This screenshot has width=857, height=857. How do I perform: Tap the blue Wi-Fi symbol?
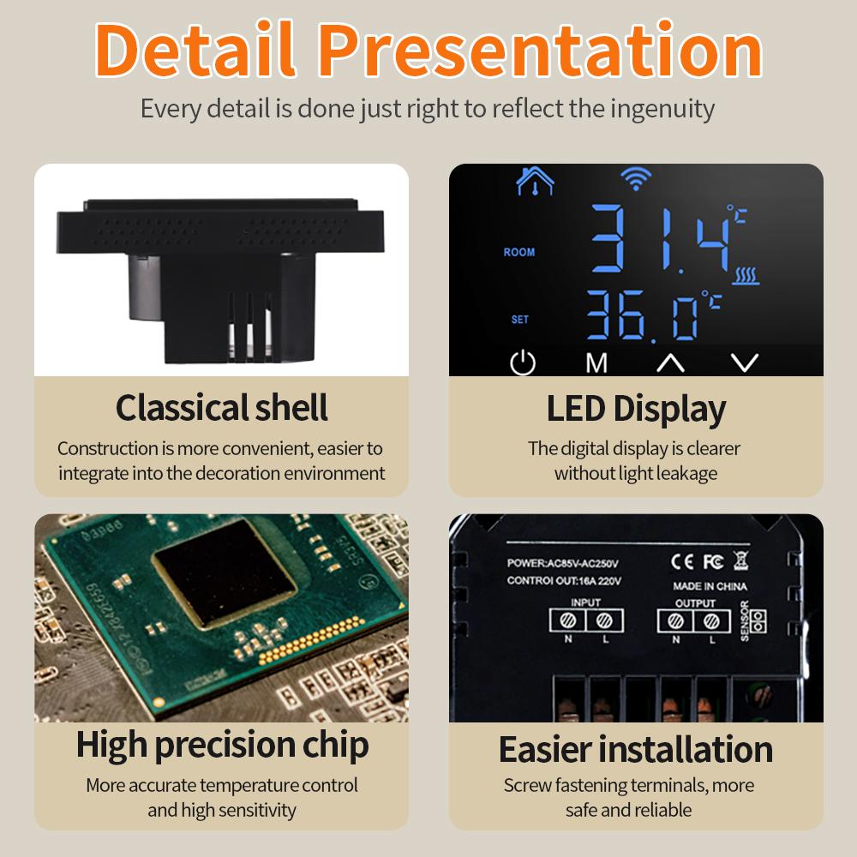coord(635,179)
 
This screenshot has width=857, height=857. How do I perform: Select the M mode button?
coord(596,363)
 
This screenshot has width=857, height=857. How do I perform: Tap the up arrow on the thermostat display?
coord(670,363)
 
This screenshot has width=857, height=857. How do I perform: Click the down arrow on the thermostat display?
coord(745,363)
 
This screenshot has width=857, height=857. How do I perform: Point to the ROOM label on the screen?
coord(519,252)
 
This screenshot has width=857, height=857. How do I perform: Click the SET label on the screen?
coord(520,320)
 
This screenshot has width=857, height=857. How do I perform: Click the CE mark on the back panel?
coord(682,561)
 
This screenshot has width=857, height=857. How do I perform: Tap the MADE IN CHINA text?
coord(709,586)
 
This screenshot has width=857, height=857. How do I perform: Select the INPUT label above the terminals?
coord(585,603)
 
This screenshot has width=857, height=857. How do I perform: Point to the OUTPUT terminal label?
coord(695,603)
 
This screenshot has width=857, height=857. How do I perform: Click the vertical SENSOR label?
coord(744,621)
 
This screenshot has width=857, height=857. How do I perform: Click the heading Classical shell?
coord(222,408)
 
